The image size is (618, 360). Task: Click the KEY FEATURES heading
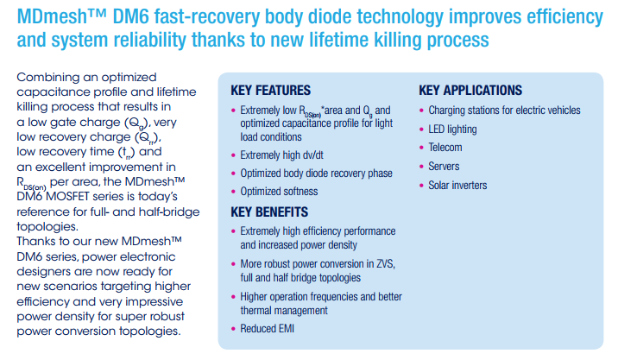[270, 91]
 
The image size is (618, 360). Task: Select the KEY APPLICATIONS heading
[470, 91]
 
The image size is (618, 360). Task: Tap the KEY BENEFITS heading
[269, 212]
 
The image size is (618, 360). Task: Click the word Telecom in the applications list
[445, 148]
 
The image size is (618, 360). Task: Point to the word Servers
[444, 167]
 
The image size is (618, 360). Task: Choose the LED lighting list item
[452, 129]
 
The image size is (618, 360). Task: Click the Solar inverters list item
[457, 186]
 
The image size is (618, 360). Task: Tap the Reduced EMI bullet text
[268, 329]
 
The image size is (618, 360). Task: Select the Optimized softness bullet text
[279, 192]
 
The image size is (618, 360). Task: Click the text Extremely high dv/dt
[281, 155]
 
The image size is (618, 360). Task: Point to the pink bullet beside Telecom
[421, 148]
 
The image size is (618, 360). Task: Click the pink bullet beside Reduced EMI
[233, 329]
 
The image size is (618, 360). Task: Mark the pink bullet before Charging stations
[421, 111]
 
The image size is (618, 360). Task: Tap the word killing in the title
[400, 41]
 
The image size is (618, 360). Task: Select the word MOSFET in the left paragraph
[67, 197]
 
